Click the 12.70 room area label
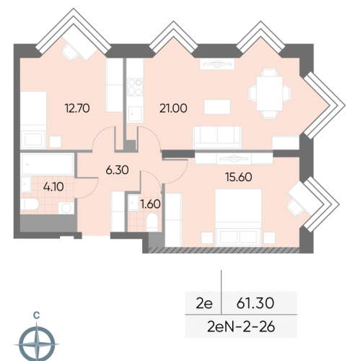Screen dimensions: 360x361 pos(77,108)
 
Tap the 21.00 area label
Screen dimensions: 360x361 pos(173,108)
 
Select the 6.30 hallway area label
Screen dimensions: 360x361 pos(117,170)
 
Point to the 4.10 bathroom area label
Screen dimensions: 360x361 pos(53,186)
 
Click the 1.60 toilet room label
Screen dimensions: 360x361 pos(151,204)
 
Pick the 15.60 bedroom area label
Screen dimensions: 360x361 pos(239,177)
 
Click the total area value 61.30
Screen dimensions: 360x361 pos(255,303)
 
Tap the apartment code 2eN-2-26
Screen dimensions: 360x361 pos(241,327)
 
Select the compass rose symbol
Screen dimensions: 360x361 pos(37,344)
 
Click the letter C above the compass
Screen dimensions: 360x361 pos(37,315)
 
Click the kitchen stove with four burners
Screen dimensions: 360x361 pos(135,87)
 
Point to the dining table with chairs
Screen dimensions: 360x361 pos(269,94)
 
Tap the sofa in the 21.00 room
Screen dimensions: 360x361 pos(217,137)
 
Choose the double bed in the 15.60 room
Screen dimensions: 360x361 pos(238,217)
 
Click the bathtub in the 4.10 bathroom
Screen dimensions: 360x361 pos(47,165)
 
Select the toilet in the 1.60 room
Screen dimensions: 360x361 pos(152,222)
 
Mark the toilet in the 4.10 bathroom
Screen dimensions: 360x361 pos(30,204)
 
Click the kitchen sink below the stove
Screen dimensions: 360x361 pos(135,113)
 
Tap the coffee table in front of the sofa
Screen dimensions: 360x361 pos(217,107)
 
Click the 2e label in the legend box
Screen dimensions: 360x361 pos(204,303)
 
